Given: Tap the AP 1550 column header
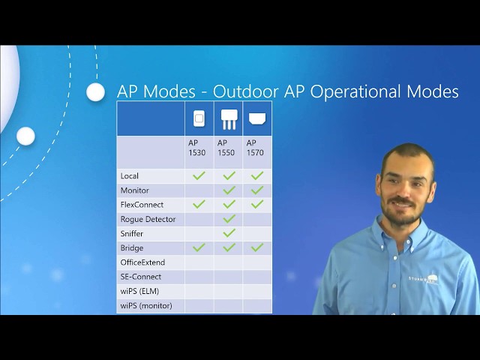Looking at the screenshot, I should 226,147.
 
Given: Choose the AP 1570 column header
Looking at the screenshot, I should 256,147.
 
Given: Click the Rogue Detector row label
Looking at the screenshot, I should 148,219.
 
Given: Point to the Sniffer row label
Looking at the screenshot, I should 132,233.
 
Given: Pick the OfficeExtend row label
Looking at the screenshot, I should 142,262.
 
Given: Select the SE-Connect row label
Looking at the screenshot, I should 140,277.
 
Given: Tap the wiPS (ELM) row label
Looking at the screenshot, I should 139,291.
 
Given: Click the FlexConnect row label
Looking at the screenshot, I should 142,204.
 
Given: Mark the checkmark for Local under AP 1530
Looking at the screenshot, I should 199,175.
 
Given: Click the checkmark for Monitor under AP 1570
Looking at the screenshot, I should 257,190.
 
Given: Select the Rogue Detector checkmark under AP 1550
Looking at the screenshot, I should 229,219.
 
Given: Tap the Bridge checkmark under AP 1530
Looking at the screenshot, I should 199,247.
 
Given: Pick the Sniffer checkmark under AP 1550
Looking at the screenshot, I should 229,233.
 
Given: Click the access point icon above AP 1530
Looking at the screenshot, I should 199,118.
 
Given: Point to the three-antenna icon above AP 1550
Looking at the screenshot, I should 229,118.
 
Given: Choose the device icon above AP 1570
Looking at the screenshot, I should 257,118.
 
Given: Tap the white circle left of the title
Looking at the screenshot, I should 95,92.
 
